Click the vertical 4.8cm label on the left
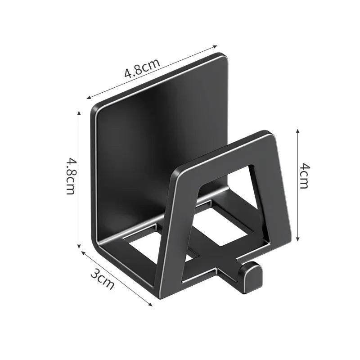pyautogui.click(x=71, y=175)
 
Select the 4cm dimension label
pyautogui.click(x=304, y=176)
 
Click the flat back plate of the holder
pyautogui.click(x=153, y=135)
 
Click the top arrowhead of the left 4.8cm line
pyautogui.click(x=80, y=112)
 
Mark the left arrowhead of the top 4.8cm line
pyautogui.click(x=88, y=98)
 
